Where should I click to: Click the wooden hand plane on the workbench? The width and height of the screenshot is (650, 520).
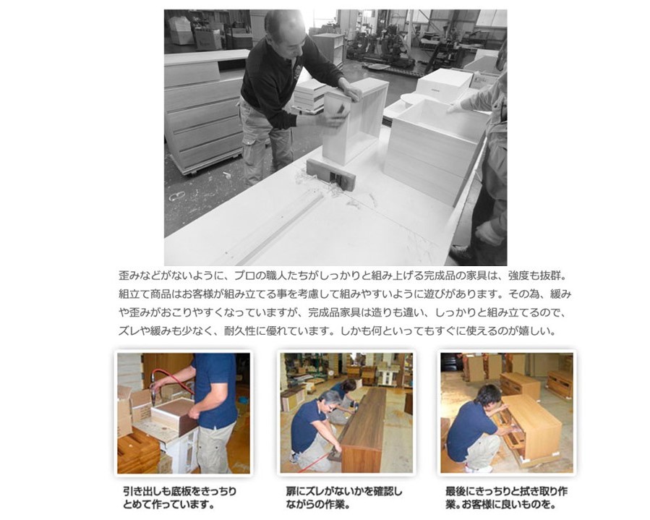(x=330, y=174)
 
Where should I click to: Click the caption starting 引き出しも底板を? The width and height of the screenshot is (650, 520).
(x=180, y=498)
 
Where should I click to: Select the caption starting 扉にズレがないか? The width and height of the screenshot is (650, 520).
(x=344, y=498)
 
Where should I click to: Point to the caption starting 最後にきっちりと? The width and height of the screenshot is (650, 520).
(x=506, y=498)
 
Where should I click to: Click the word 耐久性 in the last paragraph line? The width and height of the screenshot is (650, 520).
(x=240, y=331)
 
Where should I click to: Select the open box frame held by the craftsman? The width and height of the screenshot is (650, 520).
(x=355, y=119)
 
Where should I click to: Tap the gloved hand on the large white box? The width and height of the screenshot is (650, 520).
(x=456, y=108)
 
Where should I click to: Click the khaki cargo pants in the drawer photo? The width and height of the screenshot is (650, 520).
(x=215, y=448)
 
